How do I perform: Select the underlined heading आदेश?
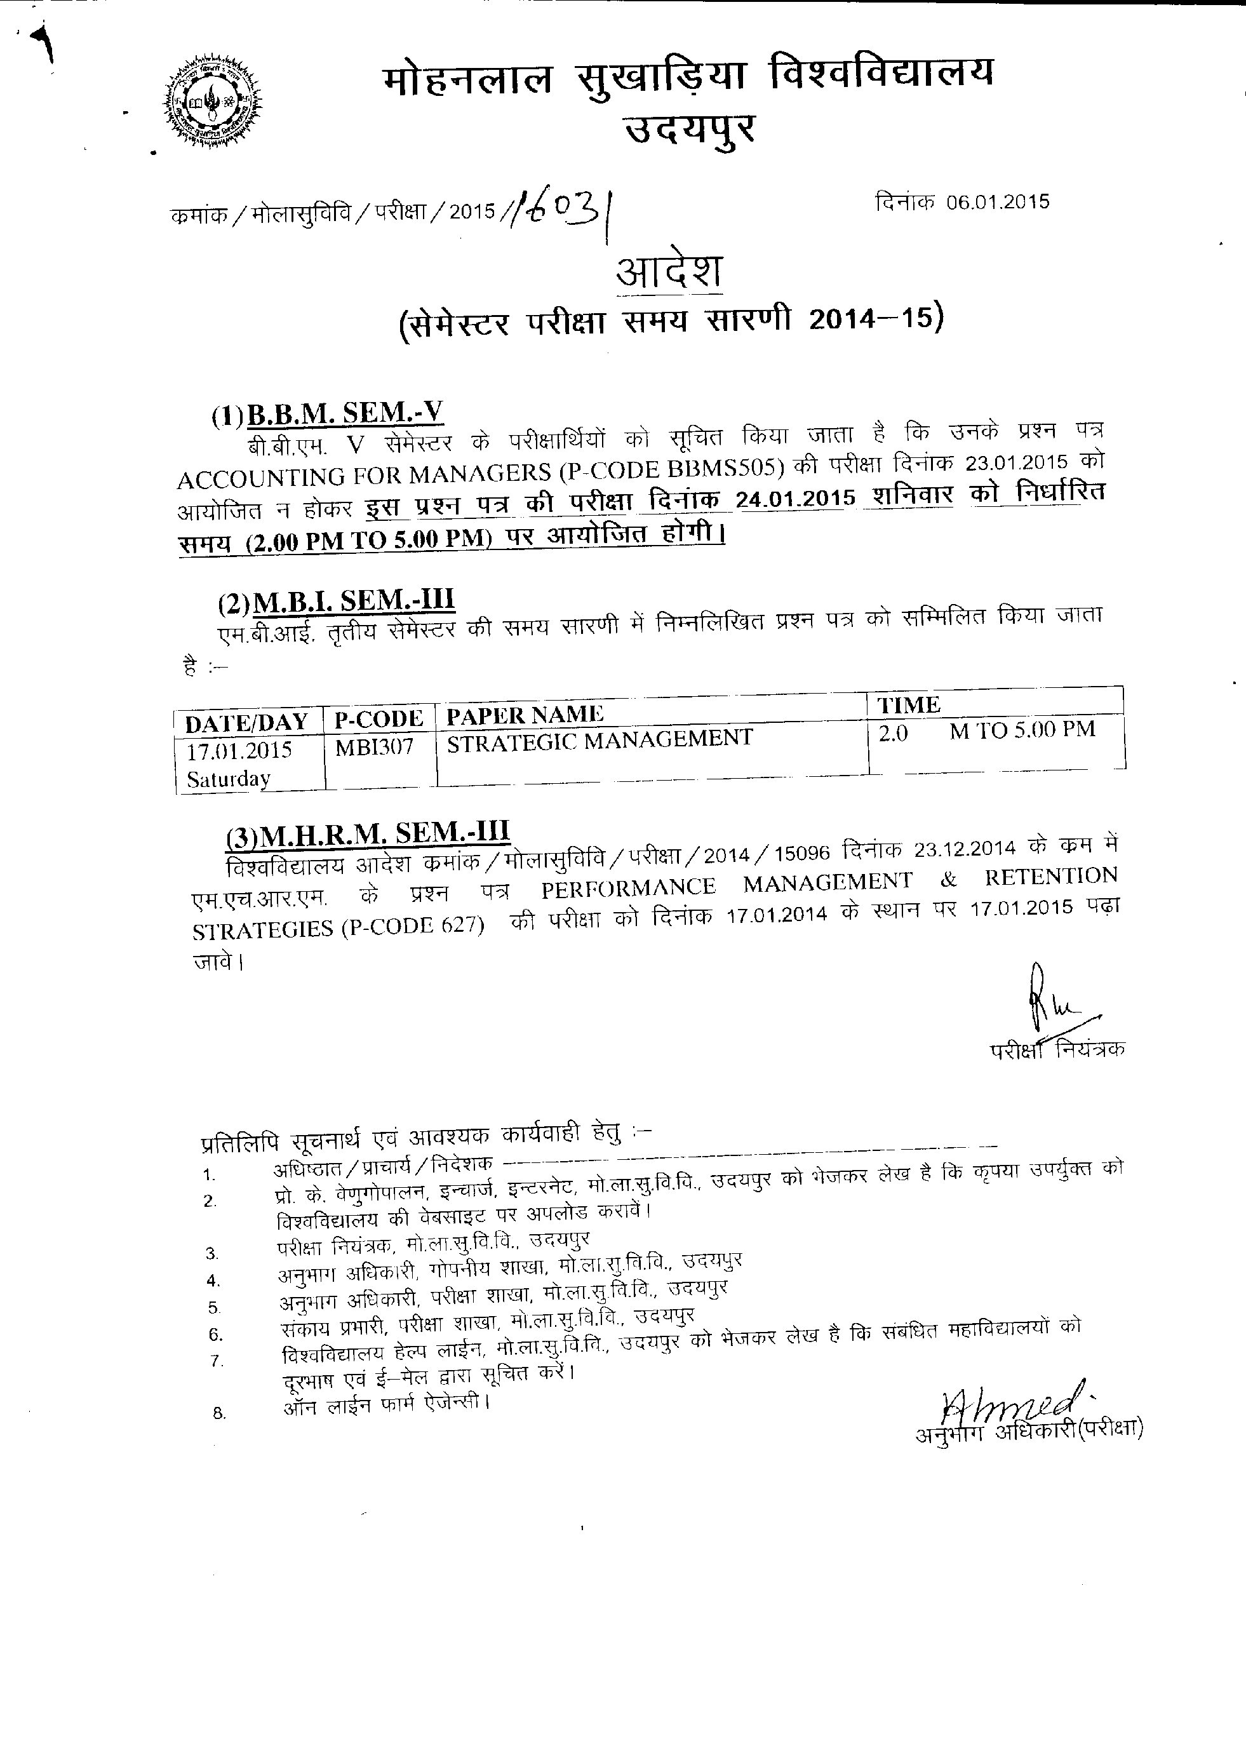(669, 272)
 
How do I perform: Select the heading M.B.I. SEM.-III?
(353, 601)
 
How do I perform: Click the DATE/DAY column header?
(246, 722)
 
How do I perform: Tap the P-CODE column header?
(379, 719)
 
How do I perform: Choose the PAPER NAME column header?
(525, 715)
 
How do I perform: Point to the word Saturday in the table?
(228, 779)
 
